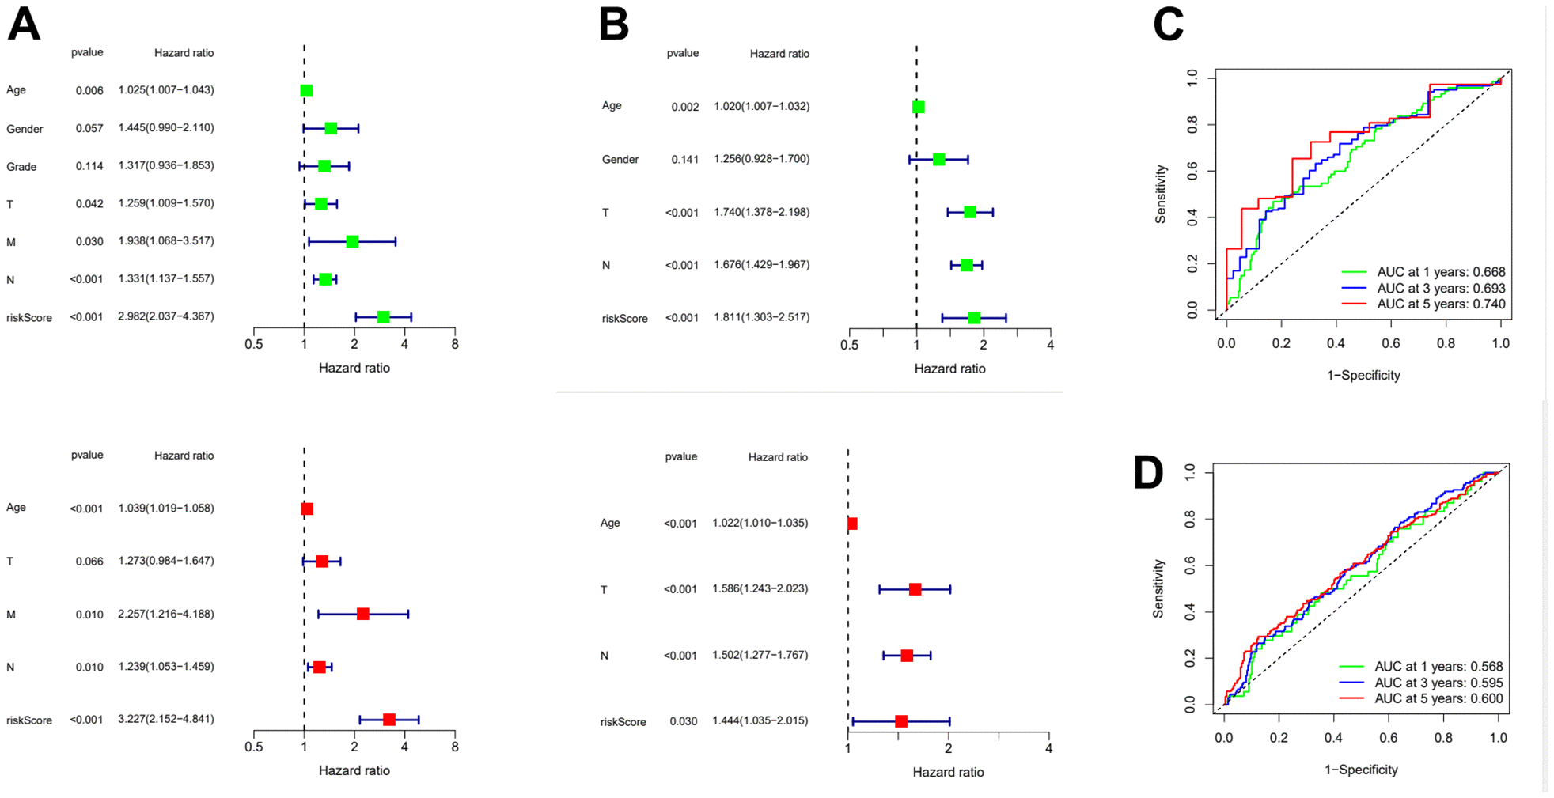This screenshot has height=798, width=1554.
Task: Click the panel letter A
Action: [x=24, y=25]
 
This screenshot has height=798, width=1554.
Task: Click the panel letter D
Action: [x=1148, y=473]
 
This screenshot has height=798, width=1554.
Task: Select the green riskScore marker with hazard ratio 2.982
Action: [x=384, y=317]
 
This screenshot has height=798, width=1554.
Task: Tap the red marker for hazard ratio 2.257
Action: [x=363, y=614]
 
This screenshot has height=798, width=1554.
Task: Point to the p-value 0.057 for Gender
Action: [x=89, y=128]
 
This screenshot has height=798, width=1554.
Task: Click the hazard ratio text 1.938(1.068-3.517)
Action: [x=166, y=241]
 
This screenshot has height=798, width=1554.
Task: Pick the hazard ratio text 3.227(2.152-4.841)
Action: [x=166, y=719]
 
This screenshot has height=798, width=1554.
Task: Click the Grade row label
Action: [x=21, y=167]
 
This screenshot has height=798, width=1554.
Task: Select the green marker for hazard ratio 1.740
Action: [x=970, y=212]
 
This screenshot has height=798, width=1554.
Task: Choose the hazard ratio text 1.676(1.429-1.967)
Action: [x=761, y=265]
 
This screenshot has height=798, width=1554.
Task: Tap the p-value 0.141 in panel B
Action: [x=685, y=160]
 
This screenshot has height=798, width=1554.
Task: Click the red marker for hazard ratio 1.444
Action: [x=901, y=721]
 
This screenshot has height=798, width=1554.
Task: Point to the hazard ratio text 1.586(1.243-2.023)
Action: [x=760, y=589]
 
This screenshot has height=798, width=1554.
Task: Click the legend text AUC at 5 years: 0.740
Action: [x=1441, y=304]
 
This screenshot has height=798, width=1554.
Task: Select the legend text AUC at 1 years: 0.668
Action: [x=1441, y=272]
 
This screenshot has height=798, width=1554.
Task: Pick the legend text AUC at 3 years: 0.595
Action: [x=1438, y=683]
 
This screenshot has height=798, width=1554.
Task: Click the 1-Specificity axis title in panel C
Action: [x=1363, y=376]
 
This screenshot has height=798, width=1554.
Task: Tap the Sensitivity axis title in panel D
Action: [x=1159, y=588]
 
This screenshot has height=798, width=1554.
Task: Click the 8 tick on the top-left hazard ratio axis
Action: [x=455, y=345]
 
